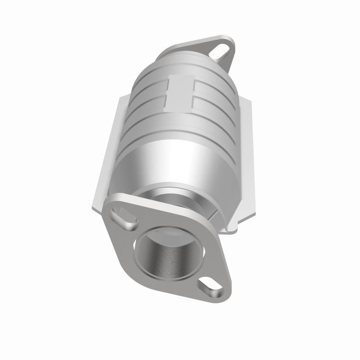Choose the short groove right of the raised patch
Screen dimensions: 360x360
coord(211,97)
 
